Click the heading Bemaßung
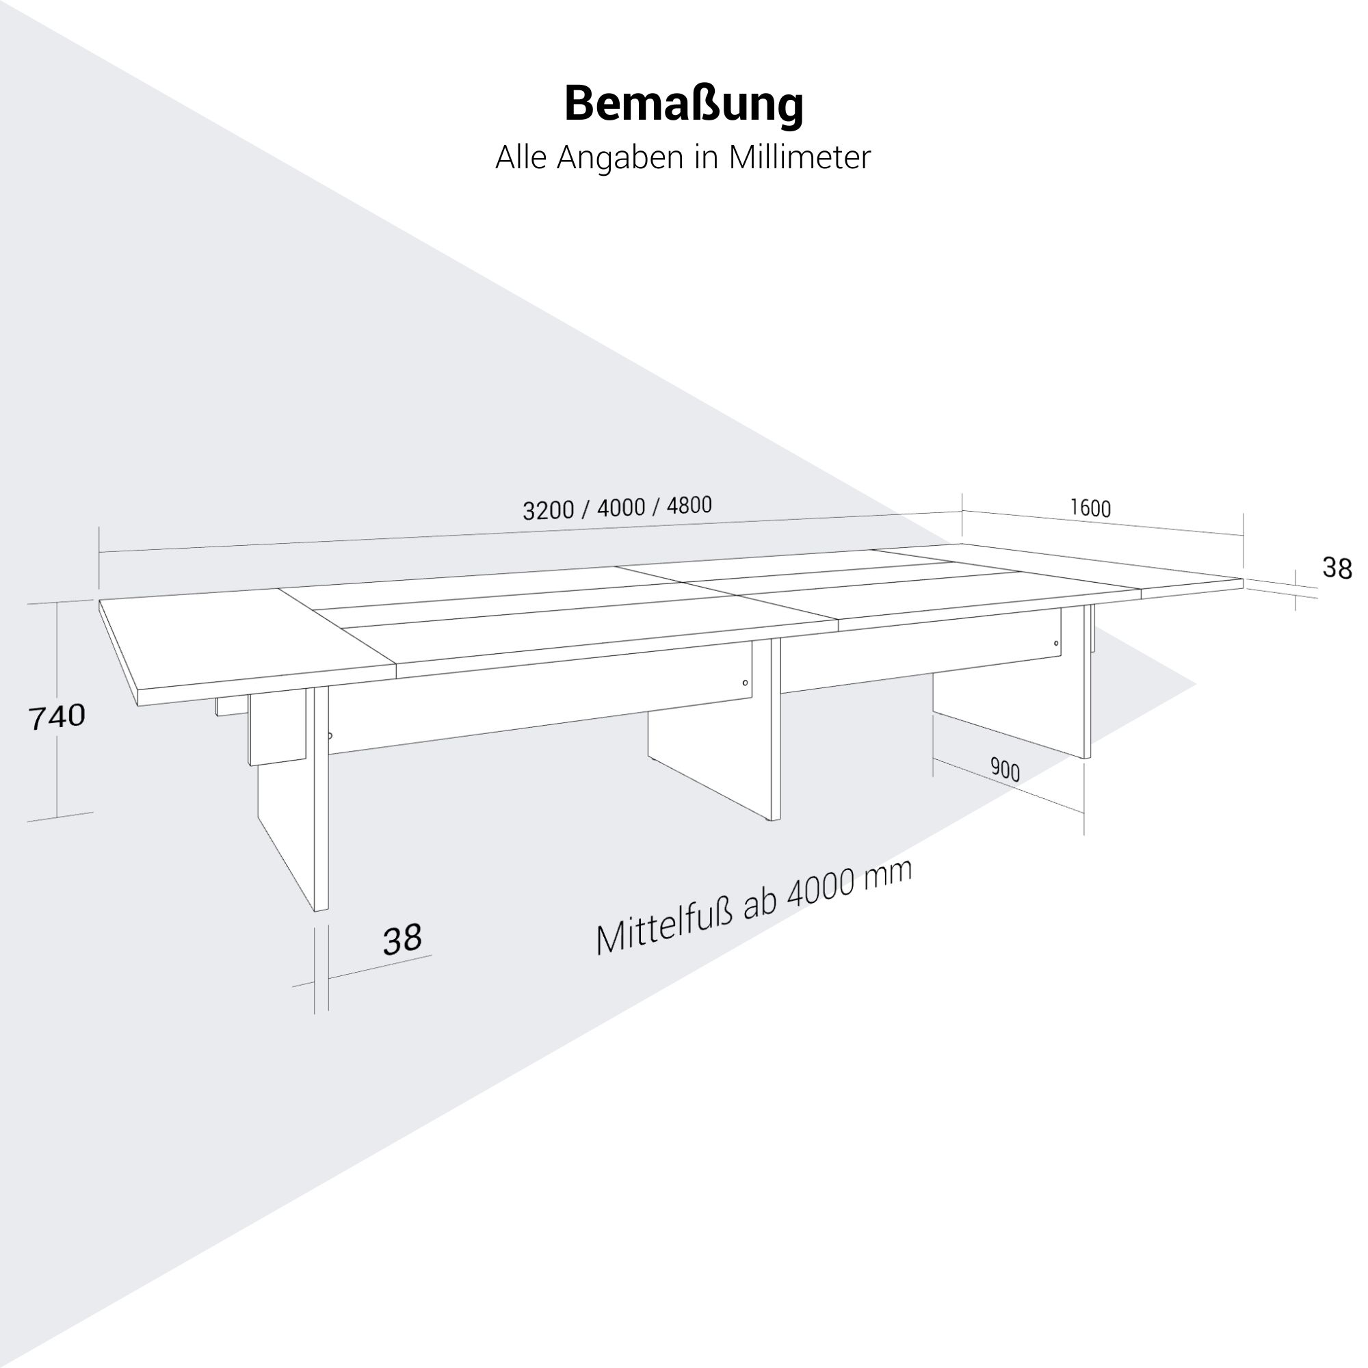click(683, 105)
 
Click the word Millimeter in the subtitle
click(800, 157)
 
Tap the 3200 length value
click(547, 510)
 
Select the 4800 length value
click(689, 505)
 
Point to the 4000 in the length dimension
click(621, 508)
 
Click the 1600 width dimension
click(1090, 508)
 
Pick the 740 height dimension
click(57, 717)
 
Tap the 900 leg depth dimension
click(1005, 769)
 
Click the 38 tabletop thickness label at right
click(1337, 568)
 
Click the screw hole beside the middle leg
click(745, 683)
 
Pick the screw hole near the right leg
click(1057, 644)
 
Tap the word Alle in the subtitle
click(521, 157)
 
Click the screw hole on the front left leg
click(330, 737)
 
